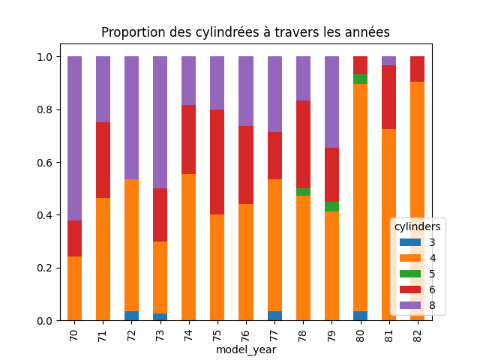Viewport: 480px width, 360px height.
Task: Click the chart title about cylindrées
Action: [x=245, y=32]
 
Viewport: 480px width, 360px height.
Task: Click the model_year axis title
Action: [x=246, y=349]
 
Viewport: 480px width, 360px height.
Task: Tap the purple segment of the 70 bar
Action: [x=74, y=139]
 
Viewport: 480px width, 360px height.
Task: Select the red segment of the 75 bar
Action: [x=217, y=162]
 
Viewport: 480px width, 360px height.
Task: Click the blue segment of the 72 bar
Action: [x=131, y=316]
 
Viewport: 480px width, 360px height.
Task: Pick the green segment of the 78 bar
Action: [x=303, y=192]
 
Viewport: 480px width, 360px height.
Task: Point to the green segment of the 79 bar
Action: [x=331, y=207]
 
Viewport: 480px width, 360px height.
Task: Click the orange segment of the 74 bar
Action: [x=189, y=247]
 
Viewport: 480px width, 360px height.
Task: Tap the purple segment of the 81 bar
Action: [x=388, y=61]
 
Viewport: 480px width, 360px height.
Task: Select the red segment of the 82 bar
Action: [x=417, y=69]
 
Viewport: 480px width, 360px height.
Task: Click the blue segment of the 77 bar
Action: [x=274, y=316]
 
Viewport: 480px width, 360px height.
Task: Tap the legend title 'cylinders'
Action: [x=418, y=226]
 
